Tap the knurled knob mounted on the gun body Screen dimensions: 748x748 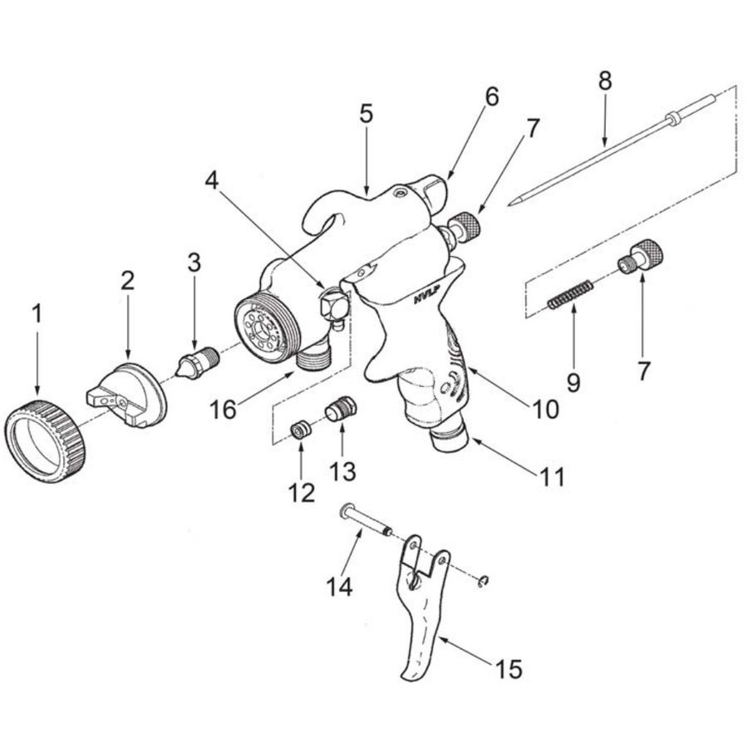tap(465, 227)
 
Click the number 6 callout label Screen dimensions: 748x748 tap(491, 96)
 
